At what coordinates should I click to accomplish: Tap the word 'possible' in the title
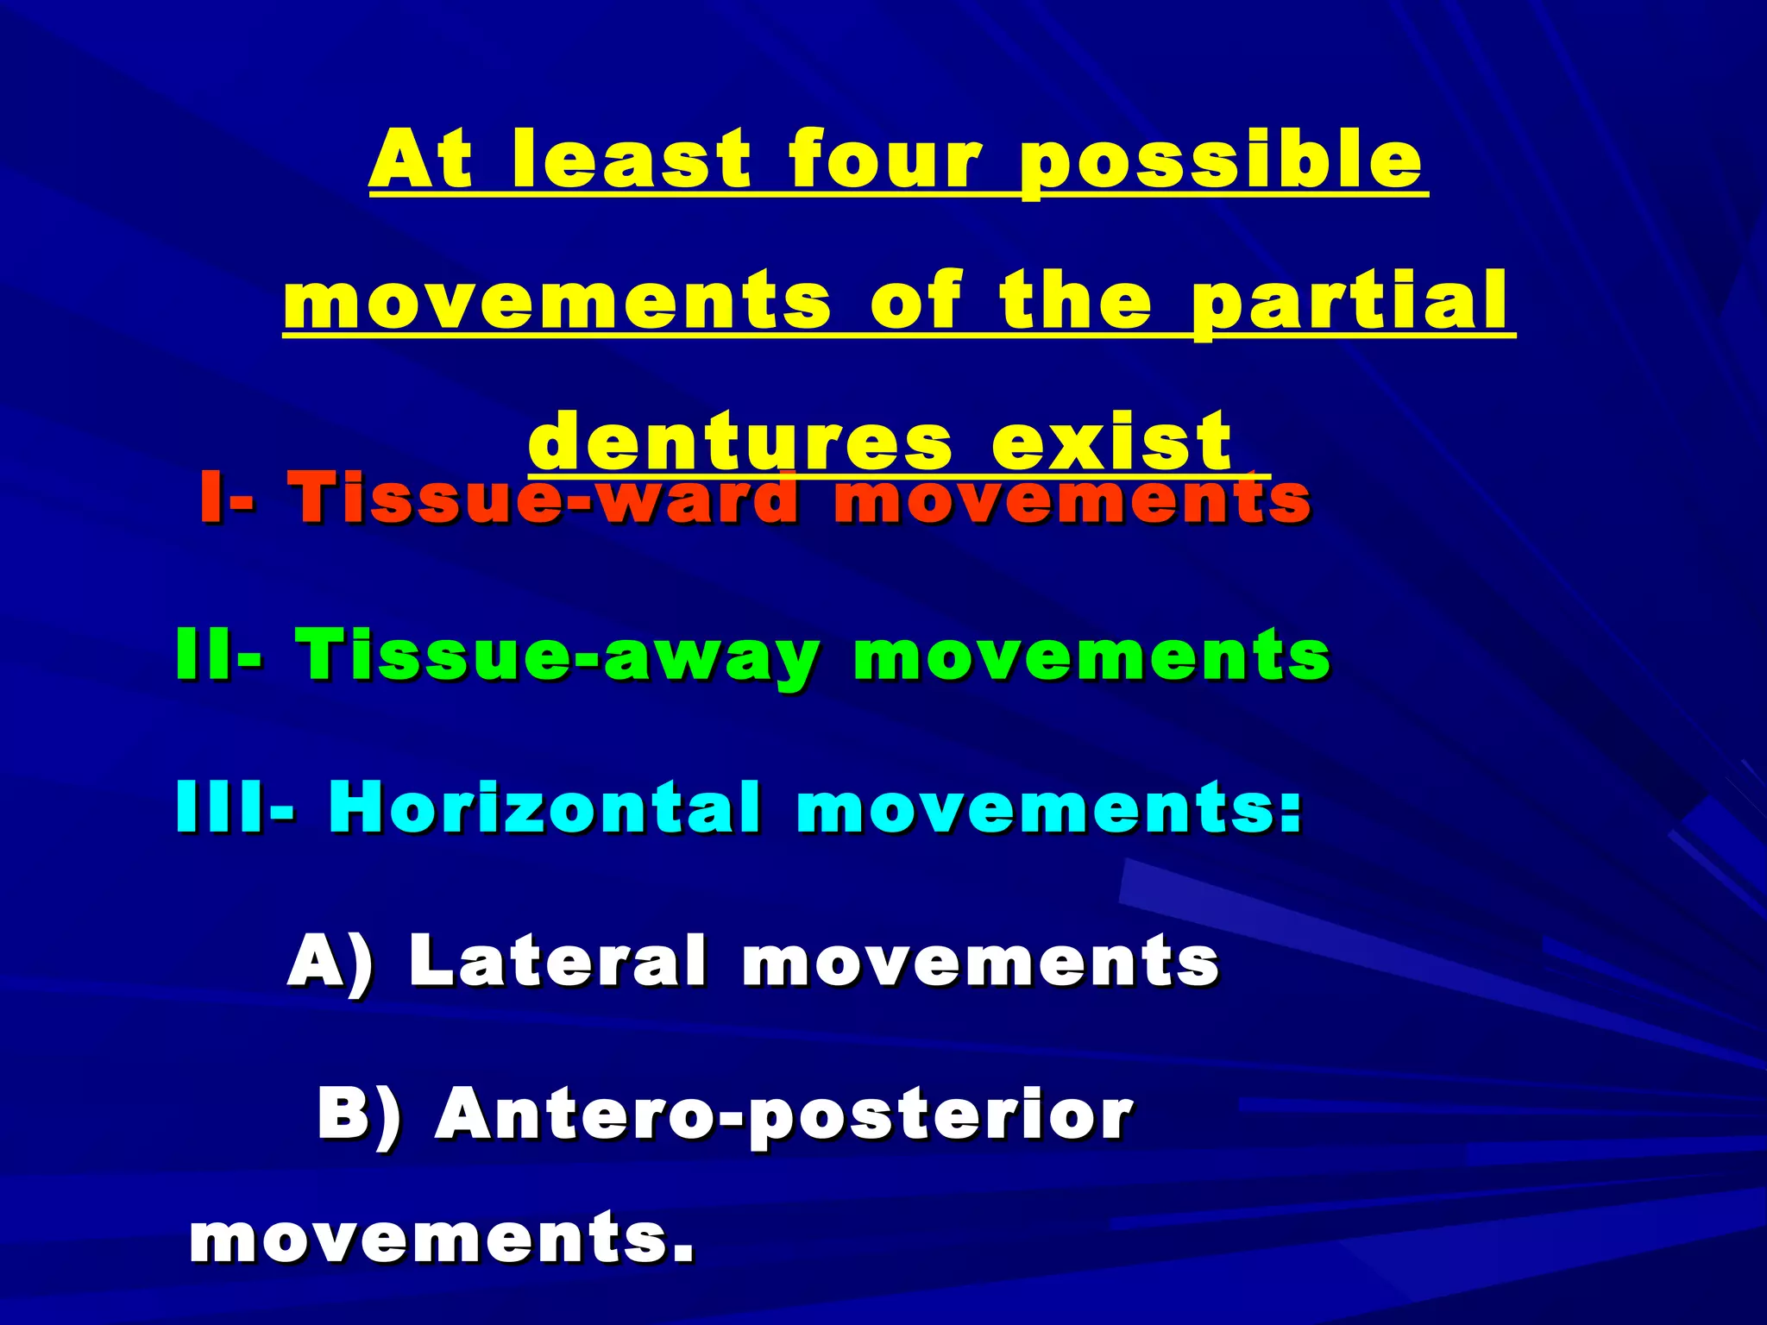click(1221, 162)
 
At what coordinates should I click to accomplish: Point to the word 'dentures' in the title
click(740, 442)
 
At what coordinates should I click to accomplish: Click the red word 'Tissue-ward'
click(544, 498)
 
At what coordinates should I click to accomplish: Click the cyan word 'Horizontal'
click(544, 807)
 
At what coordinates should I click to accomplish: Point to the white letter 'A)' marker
click(331, 961)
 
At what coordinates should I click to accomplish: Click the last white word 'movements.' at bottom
click(442, 1239)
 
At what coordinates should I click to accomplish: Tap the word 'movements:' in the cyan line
click(1048, 807)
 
